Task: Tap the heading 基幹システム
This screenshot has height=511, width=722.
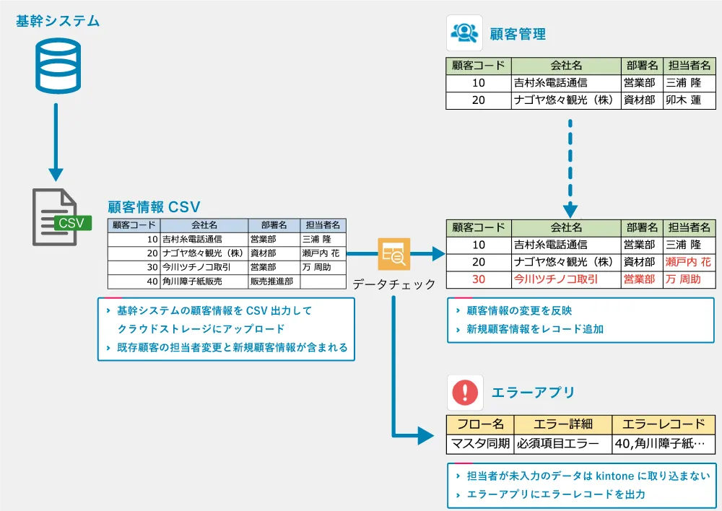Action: coord(58,21)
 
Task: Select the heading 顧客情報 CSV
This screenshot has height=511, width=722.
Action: coord(154,206)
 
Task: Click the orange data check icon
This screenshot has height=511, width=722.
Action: coord(394,253)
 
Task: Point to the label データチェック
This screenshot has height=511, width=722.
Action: coord(394,284)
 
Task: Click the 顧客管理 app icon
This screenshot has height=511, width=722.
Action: coord(464,33)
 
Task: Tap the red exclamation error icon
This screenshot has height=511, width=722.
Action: coord(464,393)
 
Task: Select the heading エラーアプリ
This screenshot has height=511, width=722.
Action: coord(533,393)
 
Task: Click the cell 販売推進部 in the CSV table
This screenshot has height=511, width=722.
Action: coord(271,281)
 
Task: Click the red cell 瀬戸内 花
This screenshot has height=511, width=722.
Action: coord(688,262)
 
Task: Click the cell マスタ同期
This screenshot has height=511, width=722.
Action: coord(480,443)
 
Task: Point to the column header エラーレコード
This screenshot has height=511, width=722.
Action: coord(664,424)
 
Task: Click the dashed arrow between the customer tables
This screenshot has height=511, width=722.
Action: coord(570,166)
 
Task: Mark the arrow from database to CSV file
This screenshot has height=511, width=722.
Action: coord(56,141)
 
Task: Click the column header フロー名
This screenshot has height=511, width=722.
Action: coord(480,424)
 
